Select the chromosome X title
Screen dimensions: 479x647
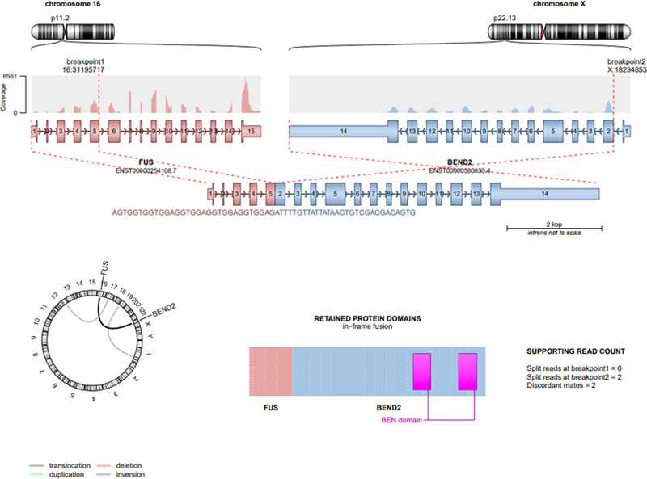tap(564, 6)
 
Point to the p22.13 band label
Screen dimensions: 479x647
tap(506, 16)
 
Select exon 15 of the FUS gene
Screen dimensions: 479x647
tap(252, 130)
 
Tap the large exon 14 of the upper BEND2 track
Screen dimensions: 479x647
tap(343, 130)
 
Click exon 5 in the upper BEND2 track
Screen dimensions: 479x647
tap(552, 130)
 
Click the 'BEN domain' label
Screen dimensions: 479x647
tap(400, 419)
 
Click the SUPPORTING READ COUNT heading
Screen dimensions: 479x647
tap(574, 351)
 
